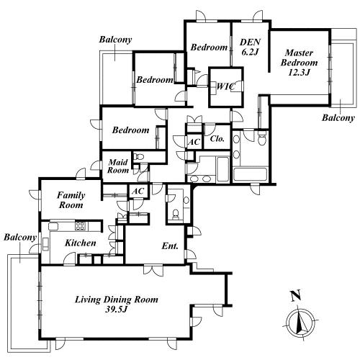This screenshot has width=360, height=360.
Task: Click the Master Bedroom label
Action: pos(299,63)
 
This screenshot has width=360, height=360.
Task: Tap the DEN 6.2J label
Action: pos(250,47)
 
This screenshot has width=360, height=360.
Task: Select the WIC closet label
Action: pos(225,86)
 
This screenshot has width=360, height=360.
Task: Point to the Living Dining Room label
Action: pos(117,304)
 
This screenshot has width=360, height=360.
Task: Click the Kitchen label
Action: pos(81,243)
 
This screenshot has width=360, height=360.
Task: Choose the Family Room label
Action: pos(71,200)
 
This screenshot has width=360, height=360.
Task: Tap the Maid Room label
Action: pos(118,166)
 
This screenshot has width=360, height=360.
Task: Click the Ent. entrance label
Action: pos(170,246)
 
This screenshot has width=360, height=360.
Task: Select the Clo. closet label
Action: pos(217,138)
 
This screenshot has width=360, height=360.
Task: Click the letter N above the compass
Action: pos(296,296)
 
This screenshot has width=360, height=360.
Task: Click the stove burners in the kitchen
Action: pos(80,225)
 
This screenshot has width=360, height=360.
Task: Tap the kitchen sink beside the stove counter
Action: pos(53,226)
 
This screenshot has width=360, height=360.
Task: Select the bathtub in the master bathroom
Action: pos(251,174)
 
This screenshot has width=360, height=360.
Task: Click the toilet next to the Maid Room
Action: pos(138,156)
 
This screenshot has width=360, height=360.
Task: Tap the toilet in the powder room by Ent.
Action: pos(176,214)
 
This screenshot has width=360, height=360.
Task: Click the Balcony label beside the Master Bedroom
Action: pos(338,118)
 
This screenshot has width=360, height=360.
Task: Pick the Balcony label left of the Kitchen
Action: pos(20,238)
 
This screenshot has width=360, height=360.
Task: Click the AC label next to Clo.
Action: pos(194,142)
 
